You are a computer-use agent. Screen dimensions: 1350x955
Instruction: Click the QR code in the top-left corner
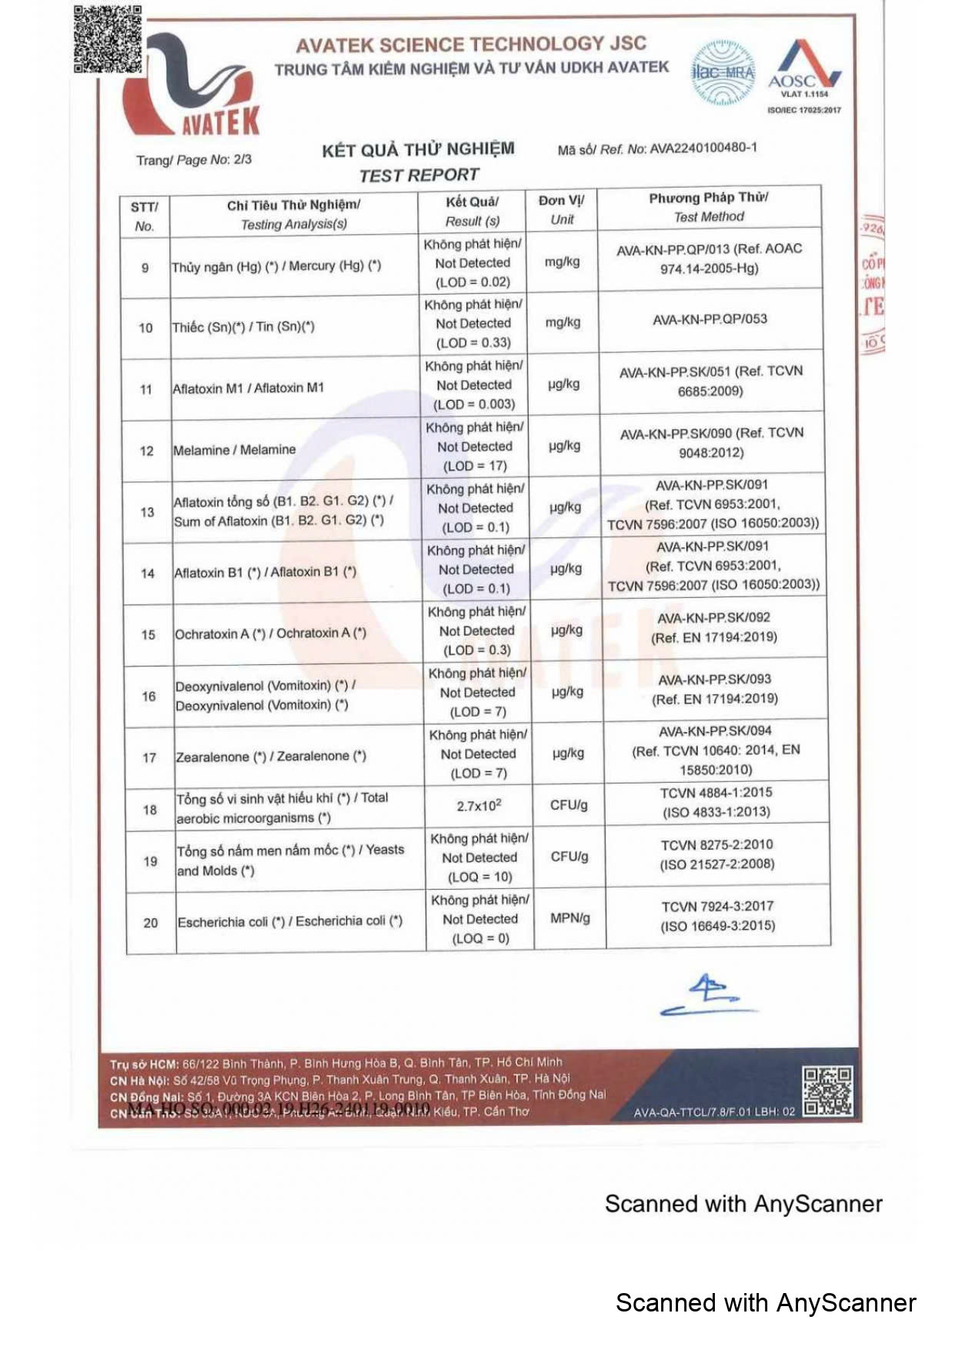108,39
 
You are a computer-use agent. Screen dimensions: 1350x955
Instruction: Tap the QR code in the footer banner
827,1091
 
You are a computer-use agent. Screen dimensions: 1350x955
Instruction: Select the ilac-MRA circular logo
723,73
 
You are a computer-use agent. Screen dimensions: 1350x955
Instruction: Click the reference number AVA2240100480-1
703,148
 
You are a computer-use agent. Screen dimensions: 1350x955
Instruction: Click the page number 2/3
242,159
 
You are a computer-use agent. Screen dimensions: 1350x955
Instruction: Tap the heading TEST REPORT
419,175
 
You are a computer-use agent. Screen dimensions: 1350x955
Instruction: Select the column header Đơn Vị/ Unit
562,209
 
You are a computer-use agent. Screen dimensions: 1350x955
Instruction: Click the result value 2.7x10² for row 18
479,806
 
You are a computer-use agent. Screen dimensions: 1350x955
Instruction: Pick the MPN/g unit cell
570,918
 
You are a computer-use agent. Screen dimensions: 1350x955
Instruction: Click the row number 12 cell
146,451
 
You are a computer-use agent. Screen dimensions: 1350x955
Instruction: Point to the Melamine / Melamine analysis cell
235,450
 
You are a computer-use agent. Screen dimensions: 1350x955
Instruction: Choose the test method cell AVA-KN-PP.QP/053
710,319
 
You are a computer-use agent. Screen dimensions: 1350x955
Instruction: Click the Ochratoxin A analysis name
270,634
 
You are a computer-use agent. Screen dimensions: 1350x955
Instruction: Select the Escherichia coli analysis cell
290,922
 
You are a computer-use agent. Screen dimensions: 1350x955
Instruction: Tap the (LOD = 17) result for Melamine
475,466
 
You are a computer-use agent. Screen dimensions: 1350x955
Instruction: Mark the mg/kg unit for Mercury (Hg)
562,262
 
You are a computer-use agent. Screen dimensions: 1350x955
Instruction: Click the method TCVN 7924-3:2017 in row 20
717,907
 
